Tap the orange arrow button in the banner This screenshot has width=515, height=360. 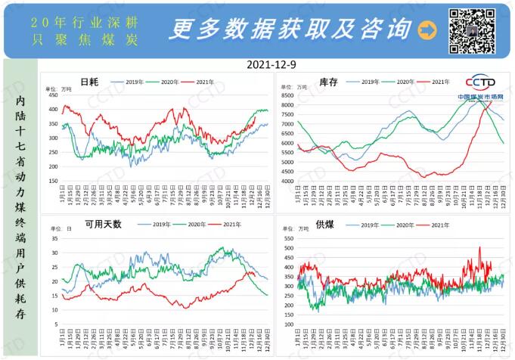[x=427, y=30]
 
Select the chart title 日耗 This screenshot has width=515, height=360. [x=89, y=82]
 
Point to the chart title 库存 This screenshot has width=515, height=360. [x=327, y=82]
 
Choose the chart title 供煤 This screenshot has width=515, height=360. [x=326, y=225]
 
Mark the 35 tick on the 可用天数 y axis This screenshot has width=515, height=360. [x=54, y=238]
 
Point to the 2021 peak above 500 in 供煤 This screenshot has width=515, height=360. [x=479, y=247]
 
